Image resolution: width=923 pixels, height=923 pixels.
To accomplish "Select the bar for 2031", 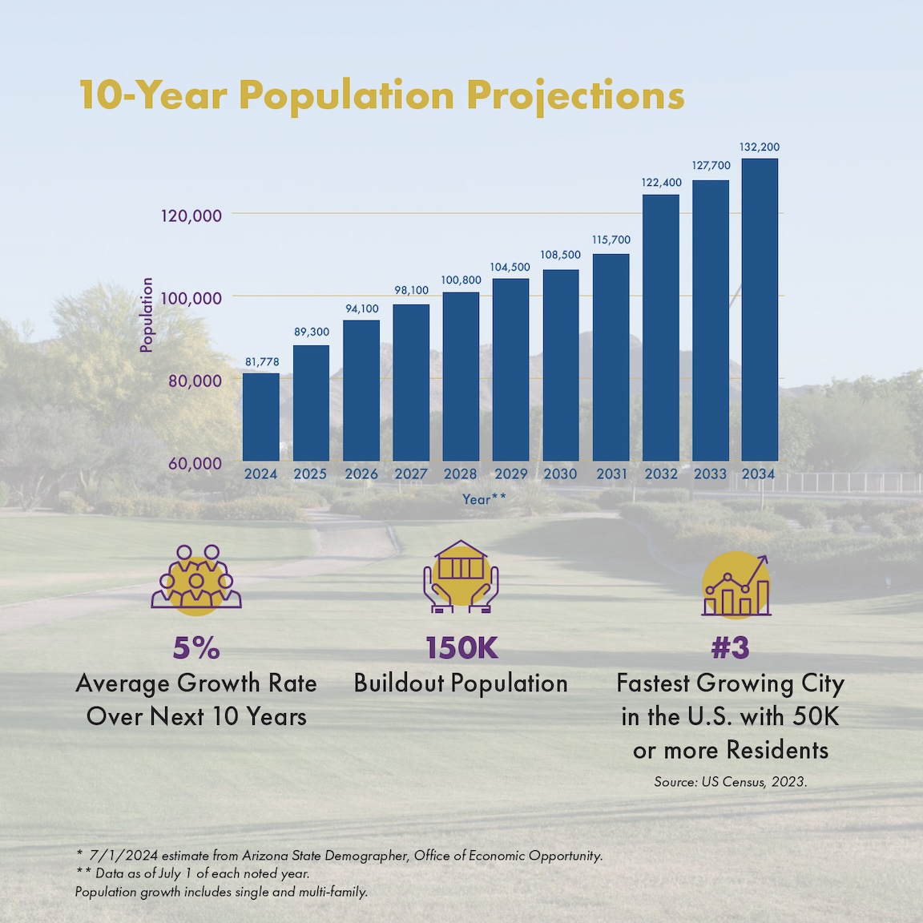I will click(611, 357).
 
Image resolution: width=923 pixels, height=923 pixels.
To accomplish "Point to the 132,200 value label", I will click(760, 147).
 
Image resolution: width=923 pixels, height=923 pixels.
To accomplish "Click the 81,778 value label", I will click(262, 362).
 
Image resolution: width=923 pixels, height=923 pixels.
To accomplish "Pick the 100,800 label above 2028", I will click(461, 280).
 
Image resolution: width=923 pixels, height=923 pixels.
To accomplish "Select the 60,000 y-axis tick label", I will click(195, 463).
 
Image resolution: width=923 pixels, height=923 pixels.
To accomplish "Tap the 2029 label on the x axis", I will click(510, 474).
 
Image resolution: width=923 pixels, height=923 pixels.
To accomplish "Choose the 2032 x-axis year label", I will click(661, 474).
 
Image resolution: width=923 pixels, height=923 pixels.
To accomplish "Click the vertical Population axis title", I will click(147, 315).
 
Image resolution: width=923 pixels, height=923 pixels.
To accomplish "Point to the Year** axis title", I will click(484, 499).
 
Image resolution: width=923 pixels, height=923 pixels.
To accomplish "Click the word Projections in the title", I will click(575, 95).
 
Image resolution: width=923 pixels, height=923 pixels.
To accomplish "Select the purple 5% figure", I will click(196, 648).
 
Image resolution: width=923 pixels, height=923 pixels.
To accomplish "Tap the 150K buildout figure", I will click(461, 648).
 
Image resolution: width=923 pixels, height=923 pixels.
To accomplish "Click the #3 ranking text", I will click(730, 648).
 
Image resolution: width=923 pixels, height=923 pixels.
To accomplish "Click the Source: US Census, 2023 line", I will click(730, 782).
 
